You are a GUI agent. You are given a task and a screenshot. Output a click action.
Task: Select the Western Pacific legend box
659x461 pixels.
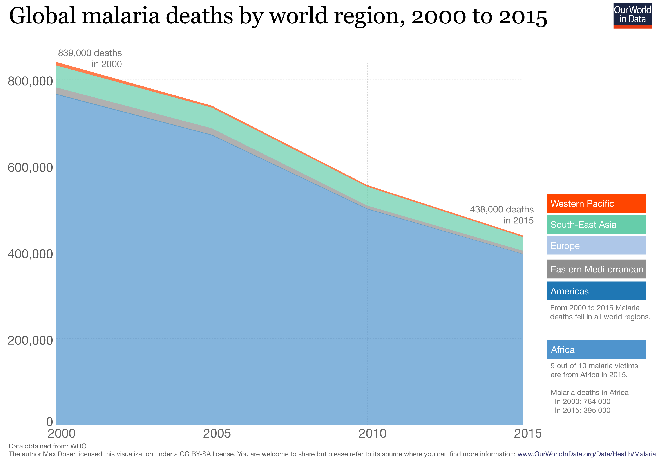(x=596, y=203)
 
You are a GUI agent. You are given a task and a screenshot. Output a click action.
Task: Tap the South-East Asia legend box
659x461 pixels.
(x=596, y=224)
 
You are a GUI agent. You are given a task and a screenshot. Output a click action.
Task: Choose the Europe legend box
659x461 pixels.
(x=596, y=245)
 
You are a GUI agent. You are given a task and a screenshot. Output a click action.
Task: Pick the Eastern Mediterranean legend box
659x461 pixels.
(x=596, y=269)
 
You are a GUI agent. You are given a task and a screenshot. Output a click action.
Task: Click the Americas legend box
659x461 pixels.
(x=596, y=291)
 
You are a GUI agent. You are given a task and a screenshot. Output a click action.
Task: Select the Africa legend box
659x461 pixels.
(x=596, y=349)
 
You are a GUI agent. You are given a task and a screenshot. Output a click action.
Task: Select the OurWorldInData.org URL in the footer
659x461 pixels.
(x=586, y=454)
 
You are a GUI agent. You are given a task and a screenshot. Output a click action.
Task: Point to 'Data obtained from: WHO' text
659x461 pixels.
(x=48, y=446)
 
